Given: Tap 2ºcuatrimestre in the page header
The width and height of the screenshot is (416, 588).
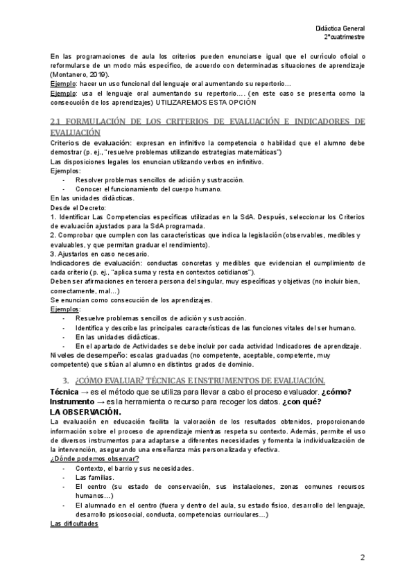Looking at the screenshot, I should click(x=344, y=36).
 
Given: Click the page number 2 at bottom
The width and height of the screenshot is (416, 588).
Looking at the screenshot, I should click(x=362, y=557).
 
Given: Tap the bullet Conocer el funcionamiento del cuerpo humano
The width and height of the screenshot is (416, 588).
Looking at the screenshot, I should click(x=149, y=189).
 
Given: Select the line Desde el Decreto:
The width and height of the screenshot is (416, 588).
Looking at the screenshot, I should click(x=78, y=207).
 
